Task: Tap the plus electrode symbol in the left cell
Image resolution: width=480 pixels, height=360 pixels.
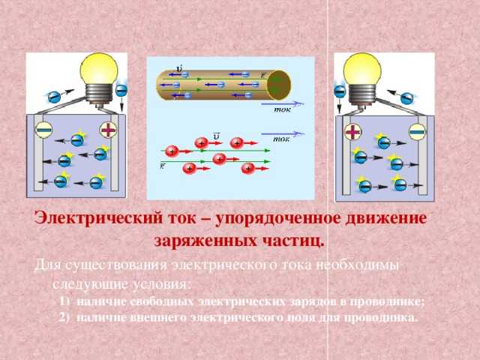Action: tap(109, 129)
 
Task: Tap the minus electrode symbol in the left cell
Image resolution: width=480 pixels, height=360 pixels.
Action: tap(43, 129)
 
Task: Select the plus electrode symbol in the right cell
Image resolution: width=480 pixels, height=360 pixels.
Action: tap(352, 132)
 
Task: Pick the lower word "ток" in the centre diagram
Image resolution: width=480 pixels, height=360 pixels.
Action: tap(283, 138)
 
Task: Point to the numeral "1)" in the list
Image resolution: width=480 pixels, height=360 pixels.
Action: tap(63, 301)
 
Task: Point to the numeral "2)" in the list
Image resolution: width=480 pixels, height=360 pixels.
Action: tap(63, 317)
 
